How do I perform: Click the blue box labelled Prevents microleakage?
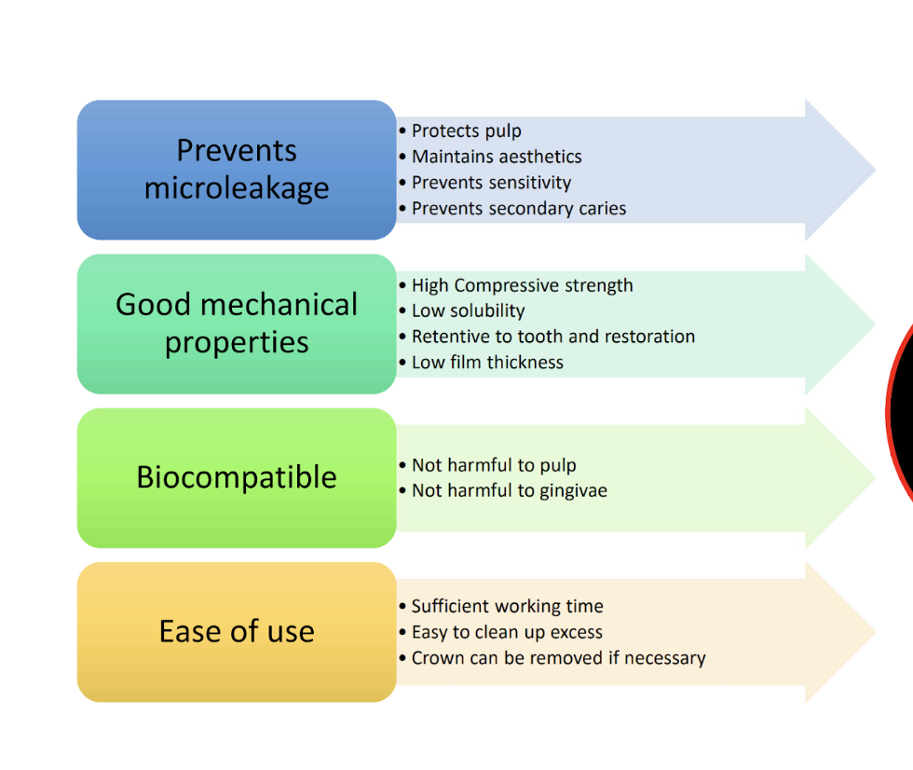pyautogui.click(x=237, y=170)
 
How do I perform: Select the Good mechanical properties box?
pyautogui.click(x=237, y=323)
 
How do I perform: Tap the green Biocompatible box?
pyautogui.click(x=237, y=477)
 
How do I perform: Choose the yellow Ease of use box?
pyautogui.click(x=237, y=631)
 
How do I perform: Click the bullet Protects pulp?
pyautogui.click(x=466, y=131)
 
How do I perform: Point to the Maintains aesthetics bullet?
pyautogui.click(x=497, y=157)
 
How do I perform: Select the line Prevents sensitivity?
pyautogui.click(x=491, y=183)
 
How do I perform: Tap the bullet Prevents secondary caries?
pyautogui.click(x=519, y=209)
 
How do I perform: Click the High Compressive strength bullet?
pyautogui.click(x=522, y=285)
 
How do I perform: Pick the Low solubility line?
pyautogui.click(x=468, y=310)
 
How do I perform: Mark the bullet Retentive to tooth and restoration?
pyautogui.click(x=553, y=337)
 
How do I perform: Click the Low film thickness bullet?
pyautogui.click(x=487, y=363)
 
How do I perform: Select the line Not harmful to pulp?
pyautogui.click(x=494, y=465)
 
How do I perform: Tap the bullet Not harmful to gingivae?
pyautogui.click(x=509, y=490)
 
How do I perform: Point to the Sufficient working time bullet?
pyautogui.click(x=507, y=606)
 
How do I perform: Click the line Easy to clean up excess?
pyautogui.click(x=507, y=632)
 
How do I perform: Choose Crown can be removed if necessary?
pyautogui.click(x=558, y=658)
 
